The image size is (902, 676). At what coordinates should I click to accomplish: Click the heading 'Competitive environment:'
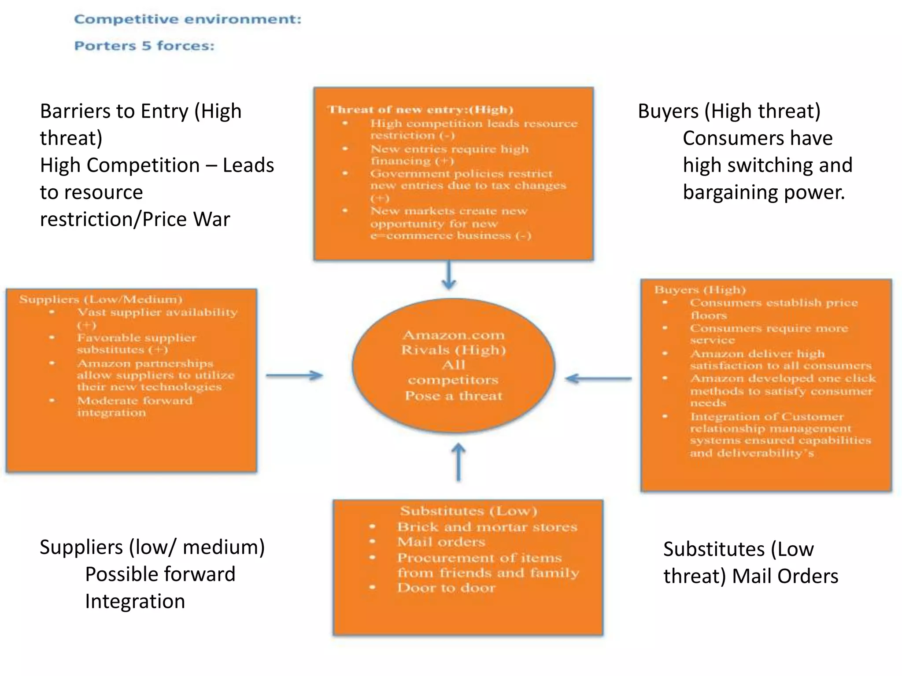click(x=188, y=19)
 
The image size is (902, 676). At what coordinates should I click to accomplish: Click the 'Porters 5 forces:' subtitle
click(x=144, y=46)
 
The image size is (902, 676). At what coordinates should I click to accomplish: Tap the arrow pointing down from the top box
click(x=449, y=275)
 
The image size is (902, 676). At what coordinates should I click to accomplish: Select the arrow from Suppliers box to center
click(x=294, y=375)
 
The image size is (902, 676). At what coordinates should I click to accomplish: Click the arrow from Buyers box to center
click(x=598, y=378)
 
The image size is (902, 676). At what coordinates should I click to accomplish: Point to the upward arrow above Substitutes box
click(x=458, y=462)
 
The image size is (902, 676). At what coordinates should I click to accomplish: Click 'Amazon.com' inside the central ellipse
click(x=454, y=335)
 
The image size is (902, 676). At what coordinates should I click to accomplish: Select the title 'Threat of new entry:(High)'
click(x=420, y=110)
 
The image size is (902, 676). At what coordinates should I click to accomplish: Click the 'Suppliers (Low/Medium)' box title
click(x=100, y=300)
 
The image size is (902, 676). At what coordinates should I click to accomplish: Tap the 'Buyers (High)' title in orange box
click(x=700, y=290)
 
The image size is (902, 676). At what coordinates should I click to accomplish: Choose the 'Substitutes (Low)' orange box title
click(x=469, y=511)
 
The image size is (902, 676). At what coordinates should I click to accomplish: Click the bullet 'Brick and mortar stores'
click(x=487, y=527)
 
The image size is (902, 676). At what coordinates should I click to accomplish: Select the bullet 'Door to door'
click(x=446, y=588)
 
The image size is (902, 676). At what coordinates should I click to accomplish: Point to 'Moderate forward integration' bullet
click(x=135, y=407)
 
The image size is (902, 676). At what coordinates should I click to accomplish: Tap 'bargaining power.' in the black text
click(x=764, y=192)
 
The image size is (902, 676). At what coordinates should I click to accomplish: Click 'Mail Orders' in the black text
click(x=785, y=576)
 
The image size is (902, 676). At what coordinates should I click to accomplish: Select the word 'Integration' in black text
click(x=135, y=601)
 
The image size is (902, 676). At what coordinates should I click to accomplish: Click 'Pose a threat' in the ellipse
click(x=454, y=396)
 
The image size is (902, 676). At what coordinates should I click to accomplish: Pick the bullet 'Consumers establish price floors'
click(x=773, y=309)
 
